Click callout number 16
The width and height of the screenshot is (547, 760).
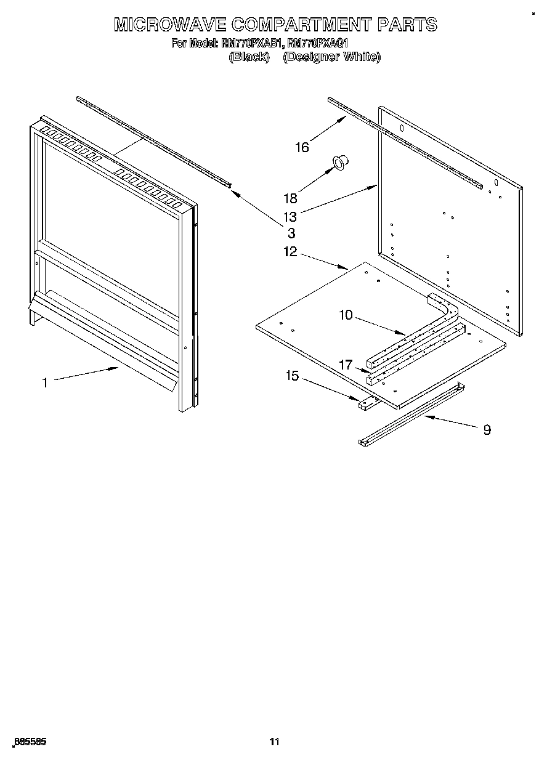(301, 147)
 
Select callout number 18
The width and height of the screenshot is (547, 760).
(290, 198)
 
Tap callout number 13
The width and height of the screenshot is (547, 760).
(290, 216)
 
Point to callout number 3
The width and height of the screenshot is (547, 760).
(291, 233)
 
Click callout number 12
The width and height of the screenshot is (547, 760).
(290, 251)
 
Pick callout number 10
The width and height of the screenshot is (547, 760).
(346, 315)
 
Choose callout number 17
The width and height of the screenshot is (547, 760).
(346, 365)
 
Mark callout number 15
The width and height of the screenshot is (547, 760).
(291, 376)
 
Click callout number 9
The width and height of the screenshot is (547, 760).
(487, 430)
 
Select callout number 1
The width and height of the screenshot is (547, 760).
(44, 382)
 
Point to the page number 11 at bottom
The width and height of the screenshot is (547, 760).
(274, 742)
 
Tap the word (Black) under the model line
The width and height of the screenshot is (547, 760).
(249, 57)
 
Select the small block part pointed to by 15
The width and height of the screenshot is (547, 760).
(367, 403)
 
